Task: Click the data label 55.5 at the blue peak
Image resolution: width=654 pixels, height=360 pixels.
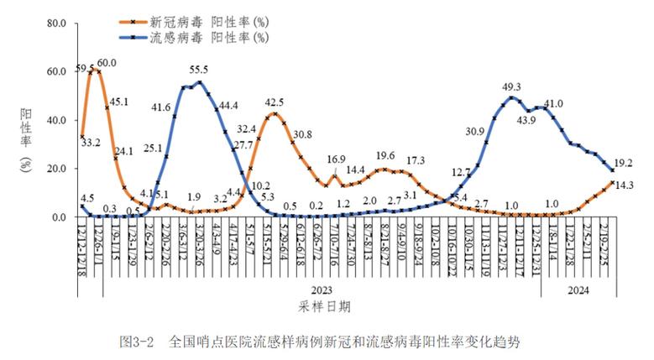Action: click(x=200, y=70)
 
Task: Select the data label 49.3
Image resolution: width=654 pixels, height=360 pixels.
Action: click(x=512, y=86)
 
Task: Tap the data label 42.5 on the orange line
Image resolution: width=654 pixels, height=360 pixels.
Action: click(x=275, y=102)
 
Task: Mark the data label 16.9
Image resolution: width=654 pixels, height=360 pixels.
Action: click(x=336, y=159)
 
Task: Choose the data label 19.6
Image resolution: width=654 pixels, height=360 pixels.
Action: click(x=385, y=155)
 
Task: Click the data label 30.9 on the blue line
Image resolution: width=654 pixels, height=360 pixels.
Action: click(x=475, y=131)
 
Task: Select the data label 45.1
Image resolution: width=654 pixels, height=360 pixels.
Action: click(x=120, y=102)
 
